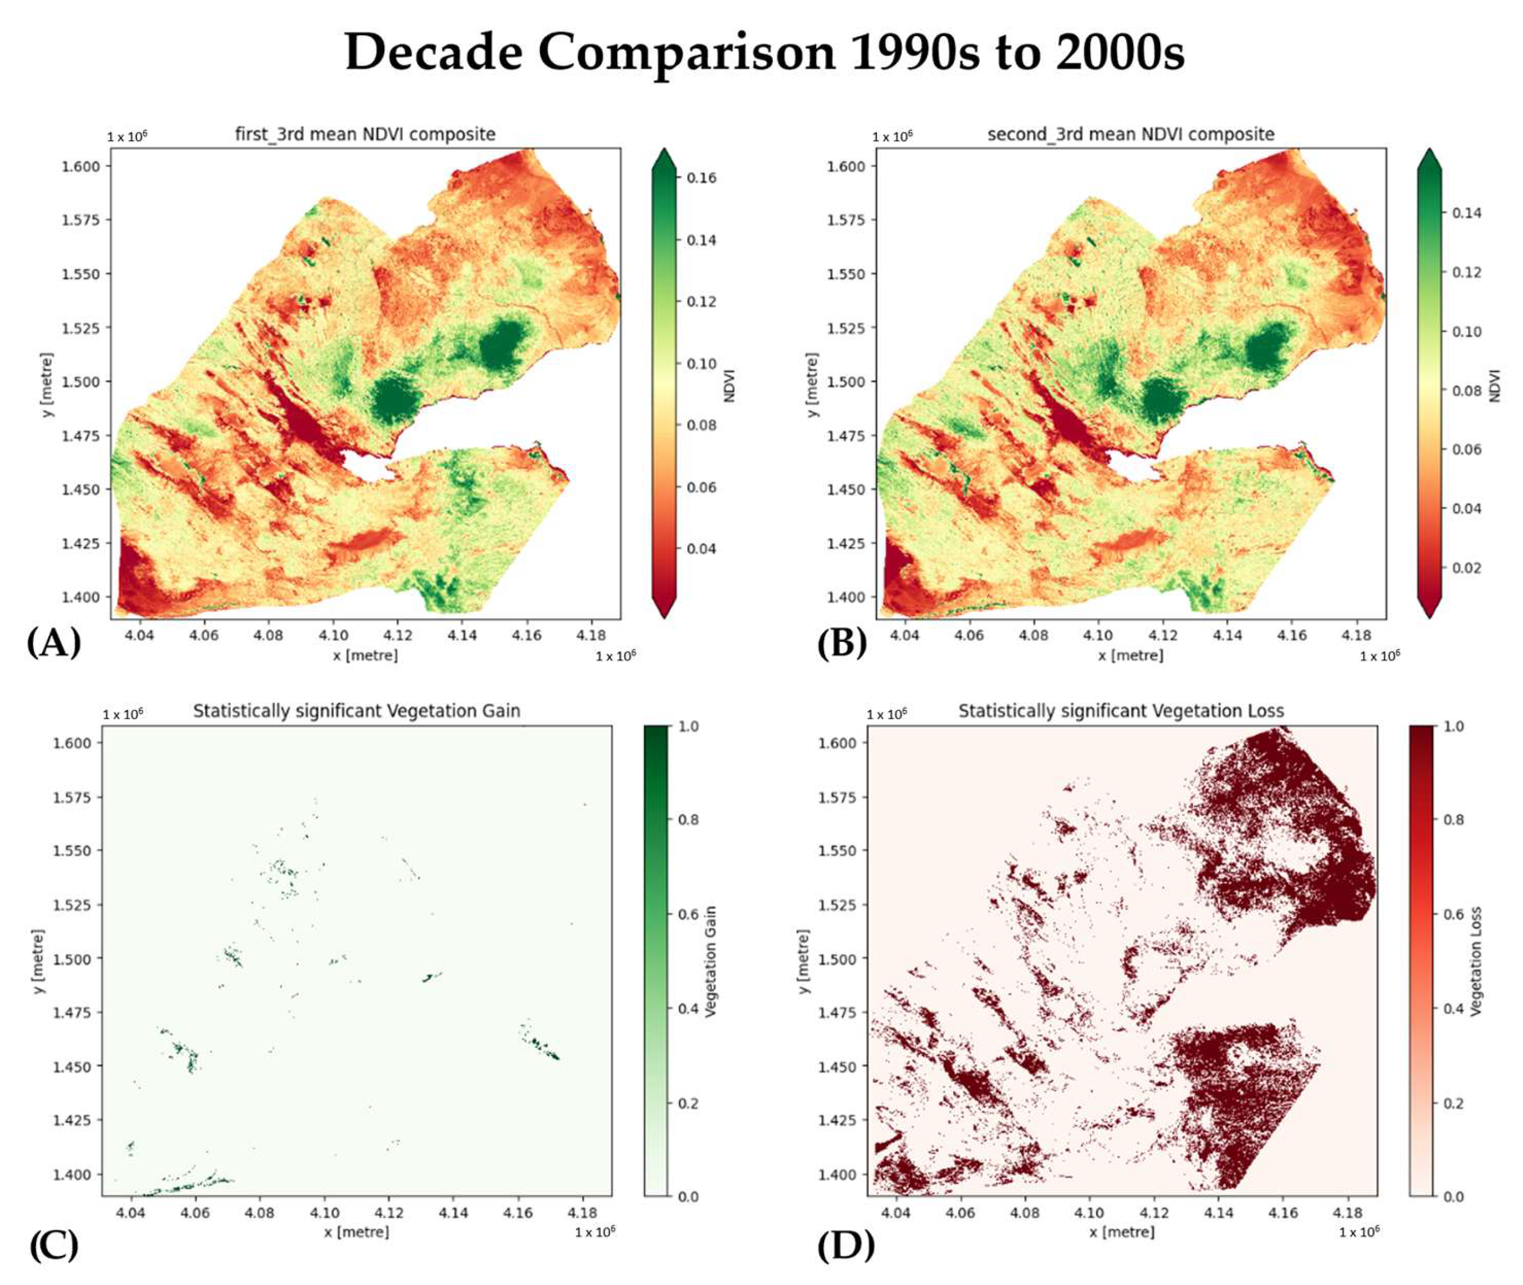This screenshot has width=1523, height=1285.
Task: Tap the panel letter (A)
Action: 53,643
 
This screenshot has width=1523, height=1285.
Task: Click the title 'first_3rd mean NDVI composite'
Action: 364,134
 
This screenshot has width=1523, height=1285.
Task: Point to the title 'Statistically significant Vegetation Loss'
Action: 1121,711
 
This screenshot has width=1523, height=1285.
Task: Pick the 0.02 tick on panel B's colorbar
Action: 1466,567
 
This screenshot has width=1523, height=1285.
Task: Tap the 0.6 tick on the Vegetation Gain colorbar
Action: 689,914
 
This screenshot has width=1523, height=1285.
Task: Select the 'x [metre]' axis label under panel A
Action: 365,656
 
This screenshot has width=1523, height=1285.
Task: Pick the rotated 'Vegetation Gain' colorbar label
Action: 712,962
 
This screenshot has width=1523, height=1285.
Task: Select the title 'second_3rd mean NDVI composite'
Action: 1130,134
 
